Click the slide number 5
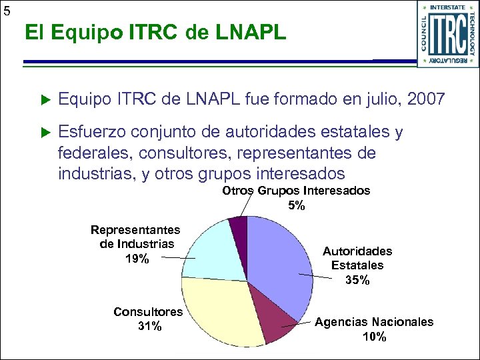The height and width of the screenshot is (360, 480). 6,10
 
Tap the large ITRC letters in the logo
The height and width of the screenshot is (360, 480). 447,35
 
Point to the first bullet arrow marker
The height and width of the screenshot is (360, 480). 45,101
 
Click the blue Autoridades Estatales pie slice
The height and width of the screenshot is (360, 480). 280,260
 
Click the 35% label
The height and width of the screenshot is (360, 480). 357,280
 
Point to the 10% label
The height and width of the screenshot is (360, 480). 373,337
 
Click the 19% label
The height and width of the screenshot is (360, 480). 137,259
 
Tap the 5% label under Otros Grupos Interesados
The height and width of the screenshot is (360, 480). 296,206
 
